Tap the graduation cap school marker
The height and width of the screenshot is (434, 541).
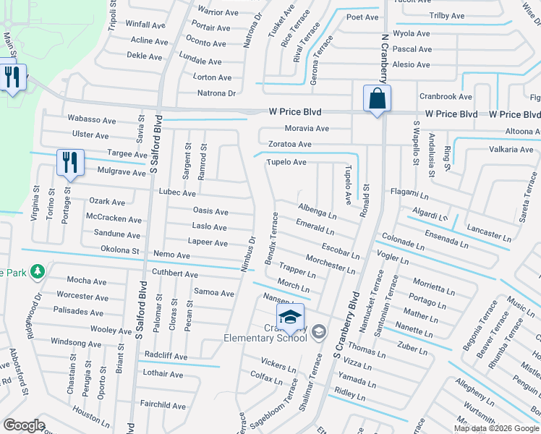pyautogui.click(x=290, y=318)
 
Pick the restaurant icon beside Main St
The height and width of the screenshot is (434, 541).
pyautogui.click(x=12, y=77)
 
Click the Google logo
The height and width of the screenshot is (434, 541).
pyautogui.click(x=24, y=425)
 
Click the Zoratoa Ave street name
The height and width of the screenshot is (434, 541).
pyautogui.click(x=289, y=145)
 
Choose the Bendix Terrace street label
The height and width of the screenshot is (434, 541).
pyautogui.click(x=273, y=238)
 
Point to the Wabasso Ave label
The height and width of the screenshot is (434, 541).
pyautogui.click(x=91, y=119)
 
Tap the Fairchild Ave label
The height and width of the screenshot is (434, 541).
pyautogui.click(x=162, y=406)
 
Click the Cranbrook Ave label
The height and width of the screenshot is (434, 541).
pyautogui.click(x=445, y=97)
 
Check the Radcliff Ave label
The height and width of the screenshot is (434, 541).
pyautogui.click(x=166, y=357)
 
